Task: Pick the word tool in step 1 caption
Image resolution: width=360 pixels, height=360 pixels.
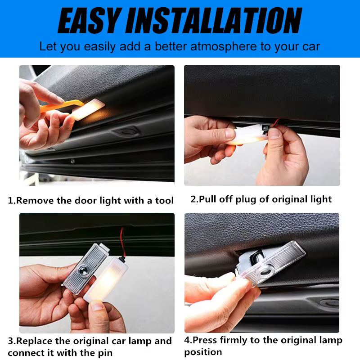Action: click(164, 201)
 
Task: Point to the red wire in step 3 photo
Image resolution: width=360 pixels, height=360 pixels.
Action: click(122, 238)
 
